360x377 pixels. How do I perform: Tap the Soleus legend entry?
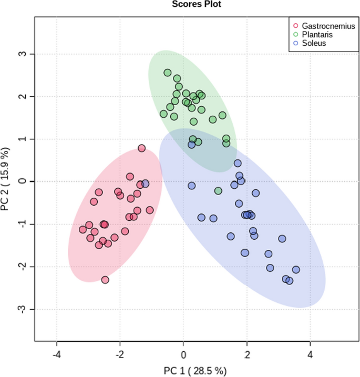click(x=314, y=43)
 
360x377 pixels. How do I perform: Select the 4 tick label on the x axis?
click(x=310, y=354)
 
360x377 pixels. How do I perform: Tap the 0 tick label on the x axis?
click(x=183, y=354)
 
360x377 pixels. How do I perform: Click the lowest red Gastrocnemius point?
click(x=105, y=280)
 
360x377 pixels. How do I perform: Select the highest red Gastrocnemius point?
click(x=141, y=148)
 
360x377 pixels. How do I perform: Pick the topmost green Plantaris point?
click(x=168, y=73)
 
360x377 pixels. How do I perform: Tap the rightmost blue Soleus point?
click(x=296, y=270)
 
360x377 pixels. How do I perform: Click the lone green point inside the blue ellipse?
click(x=218, y=191)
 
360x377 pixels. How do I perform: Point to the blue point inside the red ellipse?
click(x=146, y=184)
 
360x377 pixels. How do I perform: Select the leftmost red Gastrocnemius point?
click(x=83, y=229)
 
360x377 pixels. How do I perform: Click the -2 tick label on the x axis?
click(x=120, y=354)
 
